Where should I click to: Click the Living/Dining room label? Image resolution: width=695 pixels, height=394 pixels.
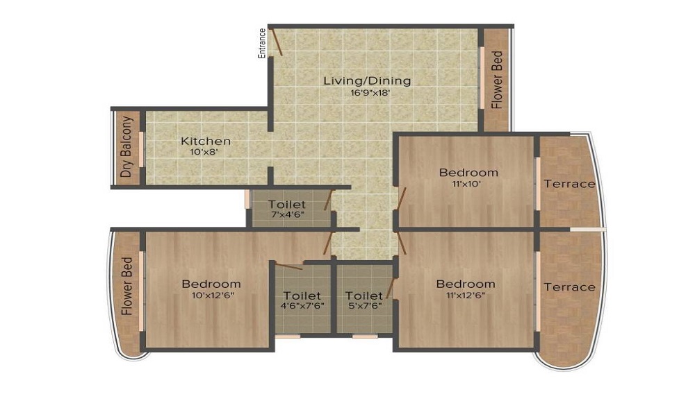[367, 80]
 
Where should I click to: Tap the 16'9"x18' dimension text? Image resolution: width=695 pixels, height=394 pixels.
[367, 92]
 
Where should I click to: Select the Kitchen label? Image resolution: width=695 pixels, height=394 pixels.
[205, 141]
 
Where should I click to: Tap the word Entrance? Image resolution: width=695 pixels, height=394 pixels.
[262, 43]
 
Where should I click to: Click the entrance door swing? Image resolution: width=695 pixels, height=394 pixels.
[277, 42]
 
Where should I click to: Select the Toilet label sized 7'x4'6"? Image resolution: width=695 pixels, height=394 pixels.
[287, 205]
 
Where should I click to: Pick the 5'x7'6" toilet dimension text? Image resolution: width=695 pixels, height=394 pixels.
[364, 306]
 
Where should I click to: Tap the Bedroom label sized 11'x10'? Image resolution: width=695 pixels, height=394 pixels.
[468, 172]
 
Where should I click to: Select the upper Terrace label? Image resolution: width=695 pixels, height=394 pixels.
[569, 184]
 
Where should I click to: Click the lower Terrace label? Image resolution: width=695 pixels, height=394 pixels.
[569, 286]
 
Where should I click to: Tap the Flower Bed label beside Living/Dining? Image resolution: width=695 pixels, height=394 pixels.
[496, 80]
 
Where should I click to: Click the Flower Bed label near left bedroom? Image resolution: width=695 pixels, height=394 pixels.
[127, 287]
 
